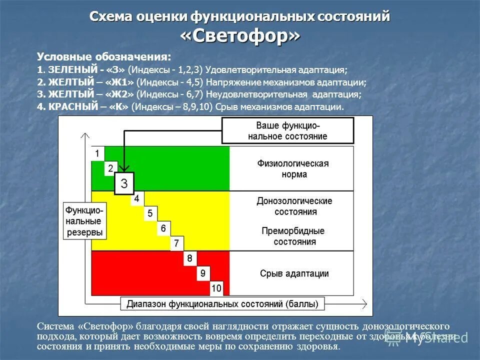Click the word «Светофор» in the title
point(240,36)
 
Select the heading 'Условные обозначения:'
point(104,57)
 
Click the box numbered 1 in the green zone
point(97,153)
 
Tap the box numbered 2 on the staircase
point(110,168)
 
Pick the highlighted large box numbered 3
point(124,183)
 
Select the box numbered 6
point(163,229)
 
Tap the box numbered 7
point(176,244)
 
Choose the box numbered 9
point(202,273)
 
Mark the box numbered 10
point(216,288)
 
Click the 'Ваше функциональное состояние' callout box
point(287,130)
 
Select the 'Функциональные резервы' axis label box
point(84,220)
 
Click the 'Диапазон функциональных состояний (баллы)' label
point(222,303)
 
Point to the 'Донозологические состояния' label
point(294,206)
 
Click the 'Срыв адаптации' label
point(294,273)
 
